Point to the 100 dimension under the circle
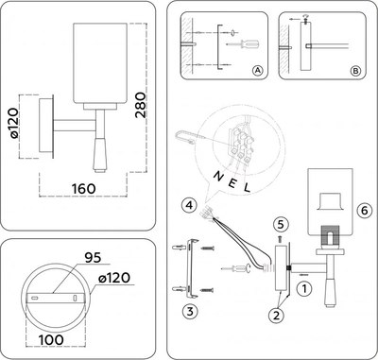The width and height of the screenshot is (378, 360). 53,338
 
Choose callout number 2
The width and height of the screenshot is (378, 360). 277,314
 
